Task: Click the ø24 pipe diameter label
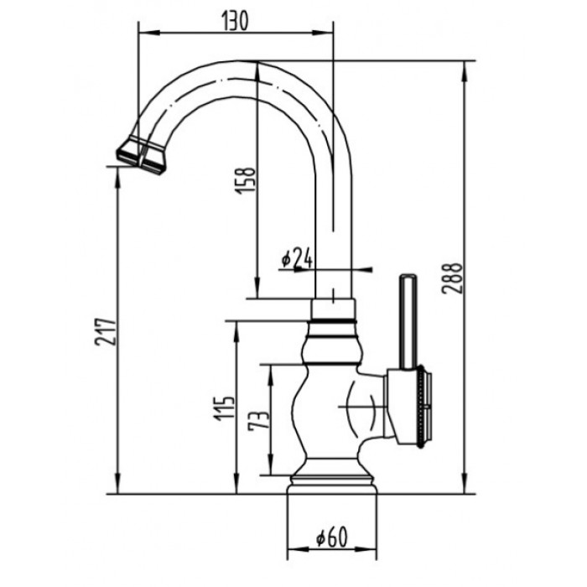click(297, 260)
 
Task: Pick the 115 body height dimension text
click(223, 412)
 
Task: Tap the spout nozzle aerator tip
click(142, 156)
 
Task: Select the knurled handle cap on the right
click(419, 408)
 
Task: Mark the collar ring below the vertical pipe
click(333, 310)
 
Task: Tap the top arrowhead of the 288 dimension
click(464, 68)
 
